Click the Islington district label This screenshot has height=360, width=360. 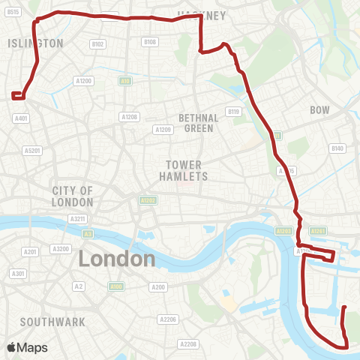[x=35, y=43]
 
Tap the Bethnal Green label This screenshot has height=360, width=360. [x=199, y=123]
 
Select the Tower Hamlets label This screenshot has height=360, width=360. [x=183, y=170]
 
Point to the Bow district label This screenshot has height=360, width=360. [x=320, y=110]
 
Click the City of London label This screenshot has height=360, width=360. [x=73, y=196]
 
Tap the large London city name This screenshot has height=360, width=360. [x=116, y=259]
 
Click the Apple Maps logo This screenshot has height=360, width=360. [x=27, y=347]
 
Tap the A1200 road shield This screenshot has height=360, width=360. [x=83, y=80]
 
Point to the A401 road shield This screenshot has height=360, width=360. [x=21, y=118]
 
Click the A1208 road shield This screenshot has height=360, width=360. [x=130, y=117]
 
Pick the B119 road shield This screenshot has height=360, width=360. [x=234, y=112]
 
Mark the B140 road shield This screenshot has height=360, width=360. [x=337, y=148]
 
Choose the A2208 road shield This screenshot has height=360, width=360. [x=188, y=343]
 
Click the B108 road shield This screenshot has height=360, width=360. [x=150, y=42]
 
